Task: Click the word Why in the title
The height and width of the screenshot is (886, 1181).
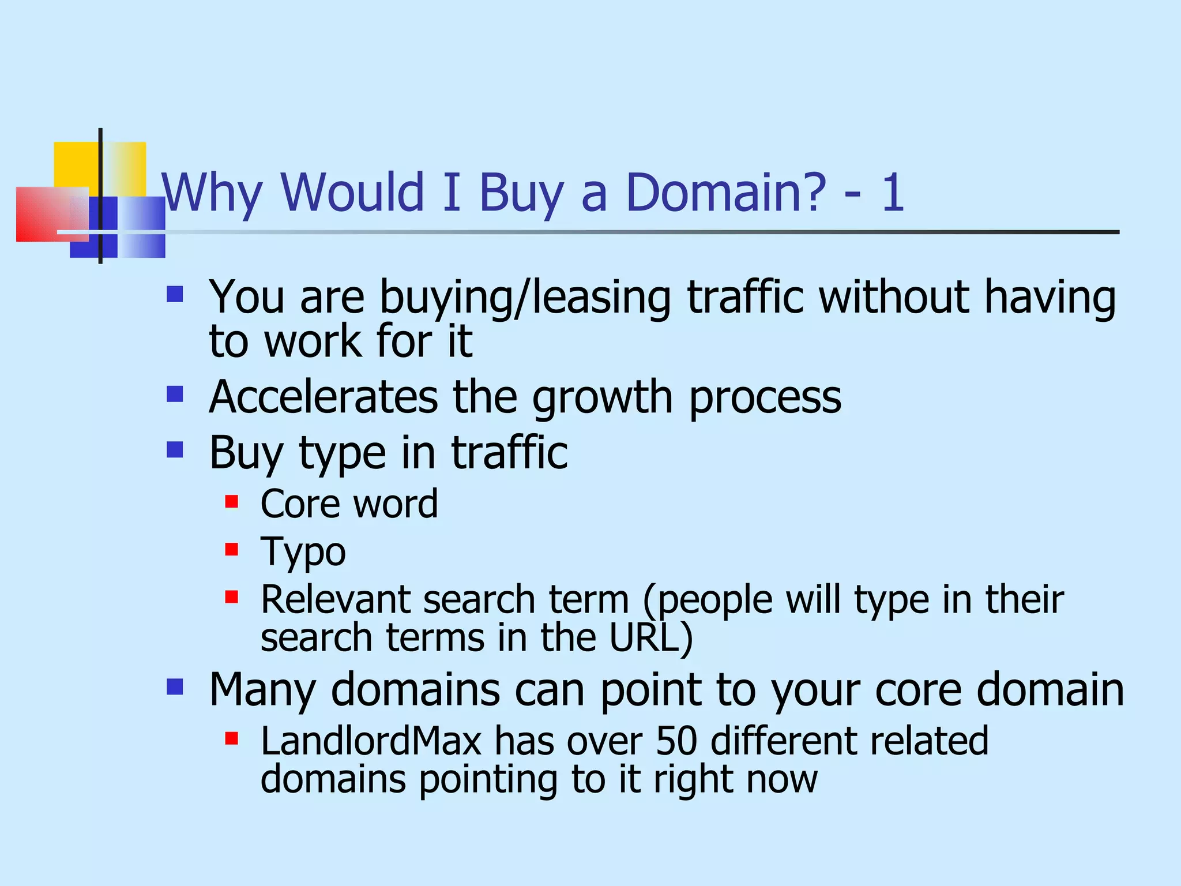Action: point(212,193)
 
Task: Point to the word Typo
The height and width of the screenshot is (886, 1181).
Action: point(303,553)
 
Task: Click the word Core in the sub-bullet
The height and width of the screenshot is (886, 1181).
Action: point(300,504)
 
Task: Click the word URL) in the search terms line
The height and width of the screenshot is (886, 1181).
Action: point(651,638)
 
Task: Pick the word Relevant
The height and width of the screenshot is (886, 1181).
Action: point(335,599)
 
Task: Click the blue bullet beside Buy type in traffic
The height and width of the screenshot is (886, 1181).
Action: point(175,449)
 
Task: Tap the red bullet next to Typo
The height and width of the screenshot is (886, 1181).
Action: point(232,549)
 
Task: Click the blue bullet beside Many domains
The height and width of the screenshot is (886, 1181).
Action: point(175,686)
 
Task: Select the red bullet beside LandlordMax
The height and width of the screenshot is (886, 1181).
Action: point(232,738)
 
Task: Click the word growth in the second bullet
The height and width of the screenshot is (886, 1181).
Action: point(602,398)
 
